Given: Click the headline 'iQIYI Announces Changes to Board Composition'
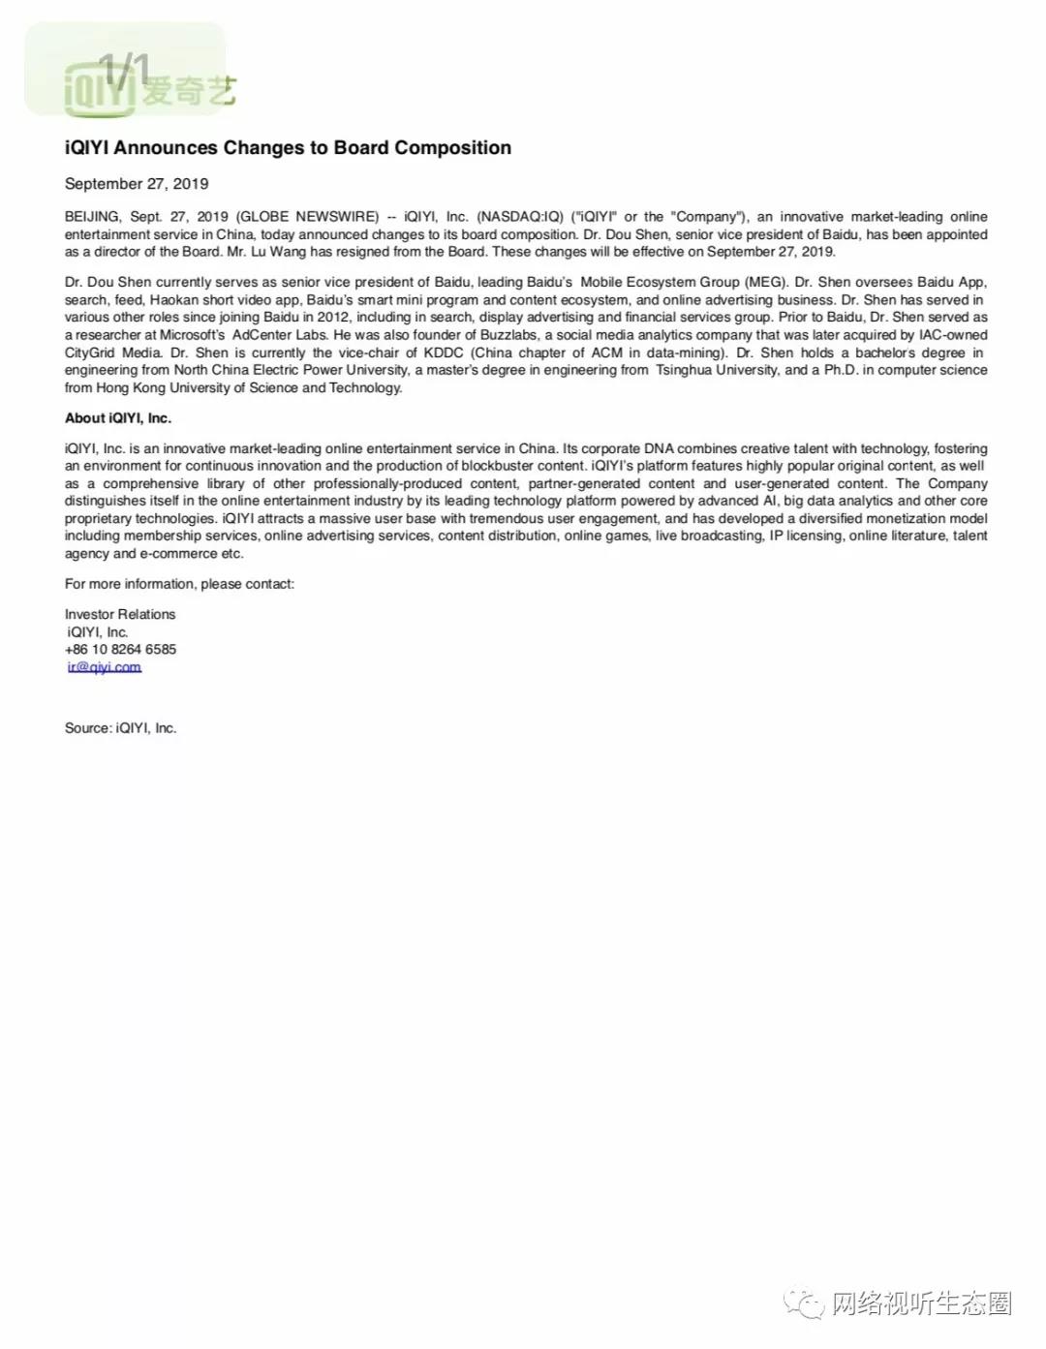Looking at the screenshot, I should coord(288,148).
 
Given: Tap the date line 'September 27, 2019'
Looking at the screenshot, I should coord(137,184).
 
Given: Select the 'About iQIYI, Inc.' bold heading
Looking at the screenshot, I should coord(118,418).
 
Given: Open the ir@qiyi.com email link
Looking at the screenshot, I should coord(105,667).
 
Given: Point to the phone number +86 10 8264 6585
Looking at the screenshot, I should coord(121,650).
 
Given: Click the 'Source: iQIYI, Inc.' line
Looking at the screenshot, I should coord(121,728).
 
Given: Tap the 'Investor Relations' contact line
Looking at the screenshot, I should coord(120,615).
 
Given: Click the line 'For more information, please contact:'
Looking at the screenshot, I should coord(179,584).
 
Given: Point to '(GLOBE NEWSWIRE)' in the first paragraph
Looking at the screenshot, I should coord(307,217).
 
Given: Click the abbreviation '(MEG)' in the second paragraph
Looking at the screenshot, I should coord(765,283).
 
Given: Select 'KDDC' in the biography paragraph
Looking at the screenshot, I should coord(444,353).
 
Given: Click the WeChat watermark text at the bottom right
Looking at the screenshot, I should coord(920,1303).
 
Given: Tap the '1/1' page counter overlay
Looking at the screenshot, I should coord(125,68).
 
